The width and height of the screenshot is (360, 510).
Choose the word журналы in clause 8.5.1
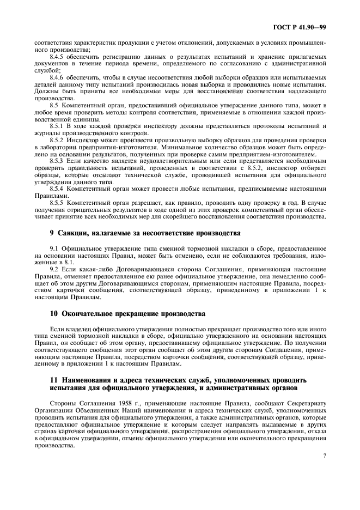[47, 132]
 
